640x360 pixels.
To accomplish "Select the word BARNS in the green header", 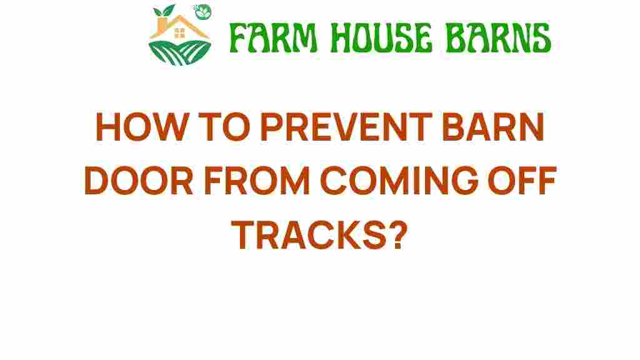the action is coord(498,38).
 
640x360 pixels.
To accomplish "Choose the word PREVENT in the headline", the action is coord(346,127).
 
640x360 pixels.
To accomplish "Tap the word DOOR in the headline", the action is coord(139,180).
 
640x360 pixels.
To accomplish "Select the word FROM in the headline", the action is coord(257,180).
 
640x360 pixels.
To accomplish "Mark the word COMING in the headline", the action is coord(399,180).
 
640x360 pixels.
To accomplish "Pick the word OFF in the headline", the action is coord(522,180).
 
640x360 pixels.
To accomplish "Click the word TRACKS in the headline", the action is coord(309,234).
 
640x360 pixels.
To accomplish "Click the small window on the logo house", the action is coord(179,33).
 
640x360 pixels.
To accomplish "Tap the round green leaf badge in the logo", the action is coord(202,12).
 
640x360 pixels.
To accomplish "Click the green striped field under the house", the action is coord(179,52).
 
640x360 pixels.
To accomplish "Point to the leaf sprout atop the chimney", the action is coord(164,10).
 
